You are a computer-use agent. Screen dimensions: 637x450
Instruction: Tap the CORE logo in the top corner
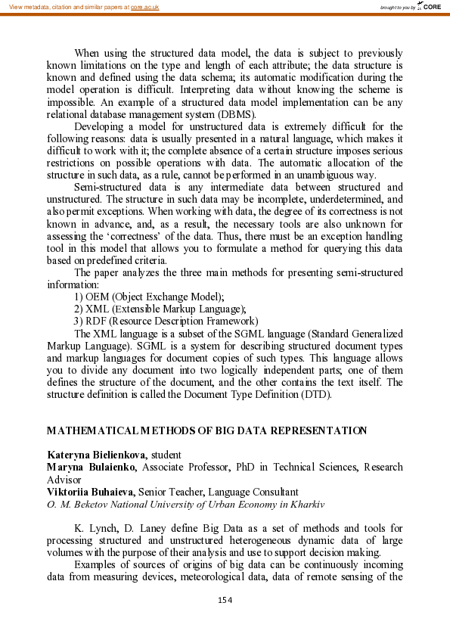click(430, 7)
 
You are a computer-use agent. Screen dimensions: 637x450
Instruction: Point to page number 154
click(225, 600)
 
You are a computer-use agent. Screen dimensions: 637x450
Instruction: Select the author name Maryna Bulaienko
click(91, 467)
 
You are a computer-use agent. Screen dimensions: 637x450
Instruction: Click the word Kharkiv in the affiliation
click(306, 503)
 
